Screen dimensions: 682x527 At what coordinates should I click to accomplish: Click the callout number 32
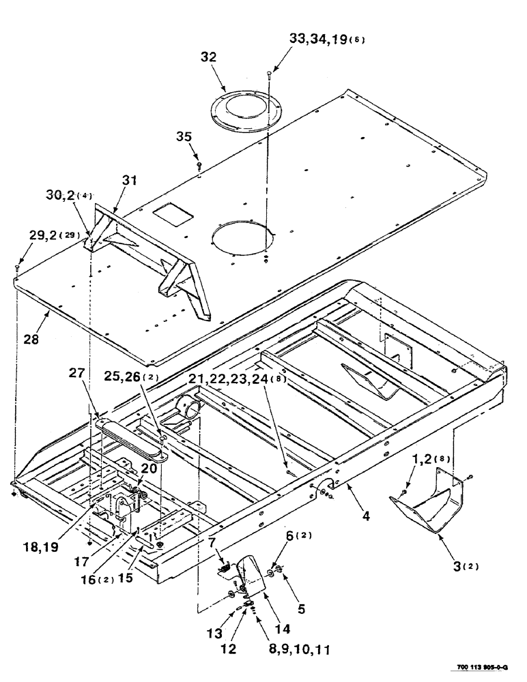[208, 58]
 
